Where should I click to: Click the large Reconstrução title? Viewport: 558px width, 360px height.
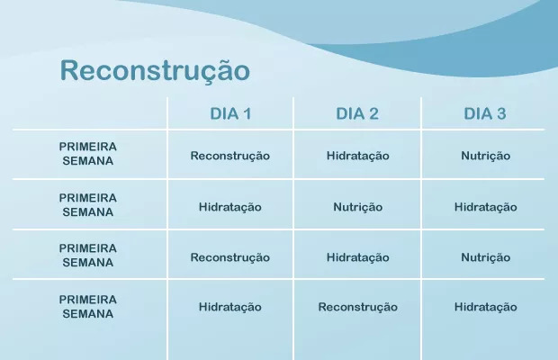[x=155, y=70]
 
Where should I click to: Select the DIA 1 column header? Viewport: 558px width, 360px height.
[x=230, y=113]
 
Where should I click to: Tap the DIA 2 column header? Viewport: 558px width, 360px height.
[x=357, y=113]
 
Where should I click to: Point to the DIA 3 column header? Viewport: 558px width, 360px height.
[x=485, y=113]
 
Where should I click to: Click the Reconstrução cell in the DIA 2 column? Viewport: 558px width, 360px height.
[x=357, y=308]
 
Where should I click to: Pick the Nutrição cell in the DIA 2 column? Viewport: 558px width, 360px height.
[x=357, y=207]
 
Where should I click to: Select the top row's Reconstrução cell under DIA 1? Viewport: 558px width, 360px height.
[x=229, y=157]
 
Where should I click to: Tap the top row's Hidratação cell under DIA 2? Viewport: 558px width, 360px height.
[x=357, y=157]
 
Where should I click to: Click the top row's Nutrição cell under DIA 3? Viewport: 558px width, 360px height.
[x=485, y=157]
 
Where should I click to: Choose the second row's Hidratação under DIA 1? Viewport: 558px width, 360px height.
[x=229, y=207]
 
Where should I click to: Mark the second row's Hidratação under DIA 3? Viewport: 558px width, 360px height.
[x=485, y=207]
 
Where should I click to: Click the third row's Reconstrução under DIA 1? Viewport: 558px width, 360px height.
[x=229, y=257]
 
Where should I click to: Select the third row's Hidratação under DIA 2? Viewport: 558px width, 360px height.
[x=357, y=257]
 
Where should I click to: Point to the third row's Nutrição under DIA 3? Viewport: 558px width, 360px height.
[x=485, y=257]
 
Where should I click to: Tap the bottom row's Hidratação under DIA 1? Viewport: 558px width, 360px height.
[x=229, y=308]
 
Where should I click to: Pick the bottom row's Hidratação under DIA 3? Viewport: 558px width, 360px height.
[x=485, y=308]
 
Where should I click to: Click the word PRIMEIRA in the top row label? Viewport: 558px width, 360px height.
[x=88, y=147]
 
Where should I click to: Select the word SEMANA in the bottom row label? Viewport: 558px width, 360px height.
[x=88, y=314]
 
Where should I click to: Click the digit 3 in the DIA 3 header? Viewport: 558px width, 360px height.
[x=501, y=113]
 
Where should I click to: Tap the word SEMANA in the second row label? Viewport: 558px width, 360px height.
[x=88, y=212]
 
